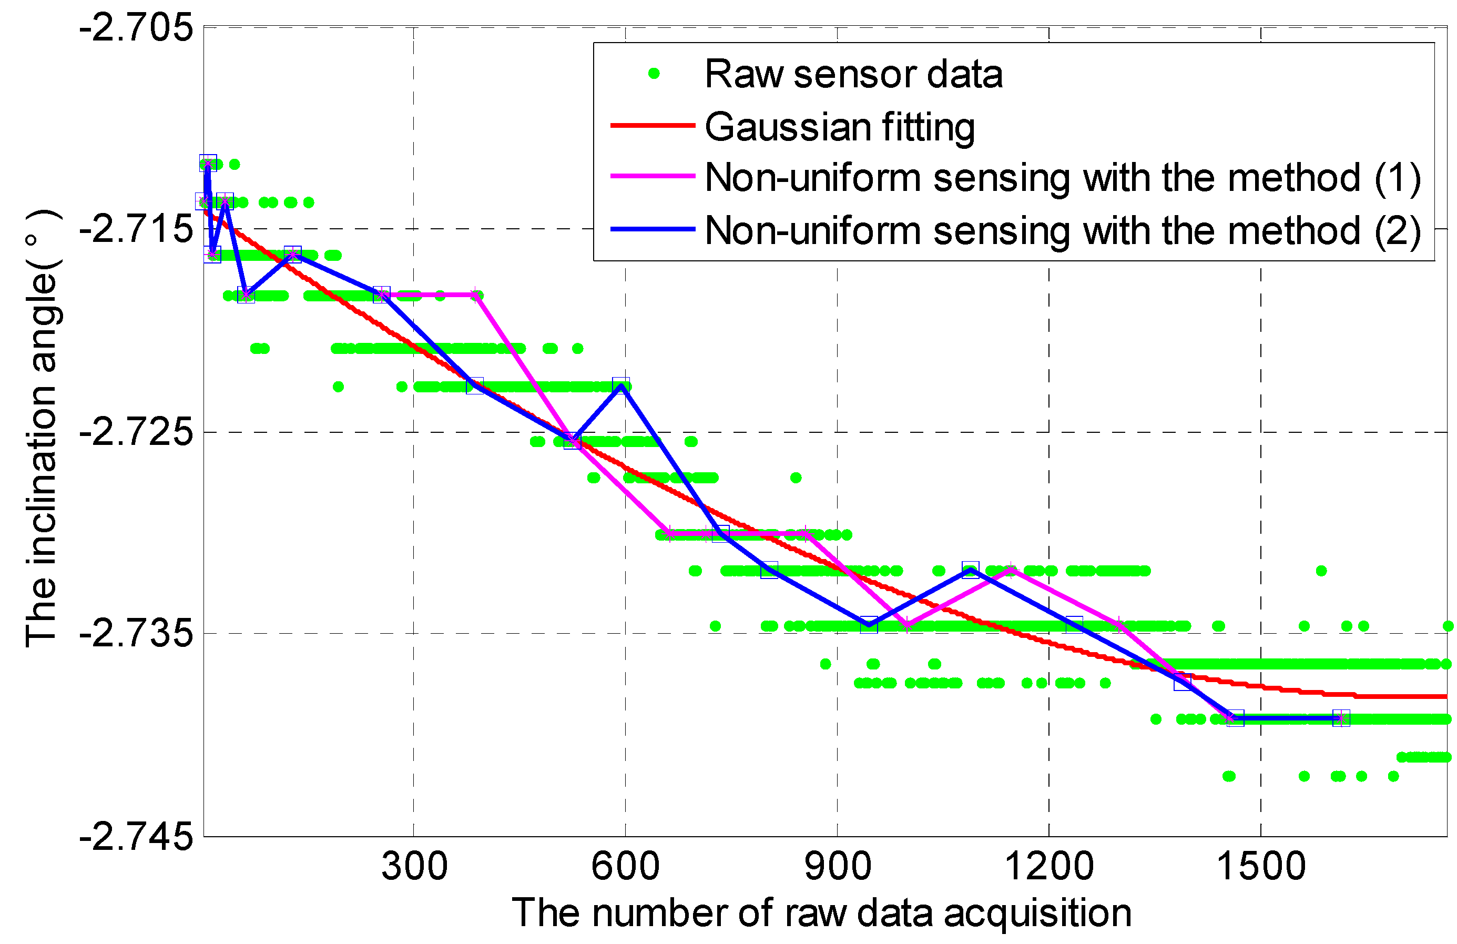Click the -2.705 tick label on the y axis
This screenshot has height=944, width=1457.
[136, 29]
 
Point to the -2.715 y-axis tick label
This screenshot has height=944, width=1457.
[136, 230]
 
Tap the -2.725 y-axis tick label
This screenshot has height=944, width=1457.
[136, 432]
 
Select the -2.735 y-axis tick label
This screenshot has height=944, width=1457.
[136, 634]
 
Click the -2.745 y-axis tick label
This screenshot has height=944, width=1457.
[136, 836]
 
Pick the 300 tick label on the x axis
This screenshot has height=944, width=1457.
[414, 867]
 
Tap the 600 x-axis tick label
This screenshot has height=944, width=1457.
[625, 867]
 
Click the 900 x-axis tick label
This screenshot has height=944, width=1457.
[837, 867]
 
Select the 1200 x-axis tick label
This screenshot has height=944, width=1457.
[1048, 867]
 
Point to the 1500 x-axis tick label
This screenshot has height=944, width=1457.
[1260, 867]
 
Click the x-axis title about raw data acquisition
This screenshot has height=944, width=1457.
[821, 913]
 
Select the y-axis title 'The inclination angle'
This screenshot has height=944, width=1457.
[42, 429]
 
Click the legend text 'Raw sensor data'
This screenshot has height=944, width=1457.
[853, 74]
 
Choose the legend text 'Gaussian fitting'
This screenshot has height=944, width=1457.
[840, 127]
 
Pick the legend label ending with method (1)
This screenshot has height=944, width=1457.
[1063, 178]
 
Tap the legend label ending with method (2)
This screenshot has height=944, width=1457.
[1063, 231]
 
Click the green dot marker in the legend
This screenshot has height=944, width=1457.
[653, 74]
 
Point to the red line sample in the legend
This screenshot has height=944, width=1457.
[653, 126]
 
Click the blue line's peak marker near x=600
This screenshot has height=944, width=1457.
[621, 385]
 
